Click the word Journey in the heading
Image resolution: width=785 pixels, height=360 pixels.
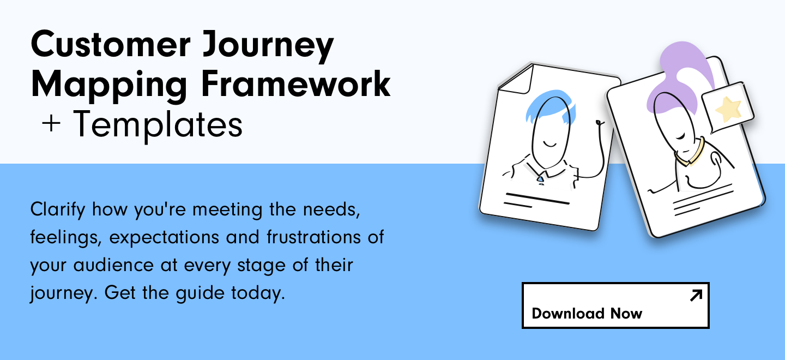[x=268, y=46]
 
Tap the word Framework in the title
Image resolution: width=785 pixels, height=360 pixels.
[x=296, y=83]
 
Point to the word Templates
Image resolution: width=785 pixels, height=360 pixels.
[x=158, y=124]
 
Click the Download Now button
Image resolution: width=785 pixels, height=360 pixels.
[x=615, y=305]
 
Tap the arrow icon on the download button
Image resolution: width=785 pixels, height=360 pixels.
[x=696, y=295]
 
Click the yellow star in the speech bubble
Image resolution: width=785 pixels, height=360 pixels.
[x=728, y=109]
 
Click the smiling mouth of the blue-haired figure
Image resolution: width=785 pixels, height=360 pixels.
[x=549, y=144]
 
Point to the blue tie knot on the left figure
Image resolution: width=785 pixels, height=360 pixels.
[x=541, y=179]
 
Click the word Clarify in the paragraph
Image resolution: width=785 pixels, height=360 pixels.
[x=58, y=210]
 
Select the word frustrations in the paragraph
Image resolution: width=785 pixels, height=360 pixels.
[x=313, y=237]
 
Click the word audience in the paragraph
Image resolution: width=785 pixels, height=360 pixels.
[x=113, y=265]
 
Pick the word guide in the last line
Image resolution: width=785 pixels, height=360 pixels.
[x=200, y=293]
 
